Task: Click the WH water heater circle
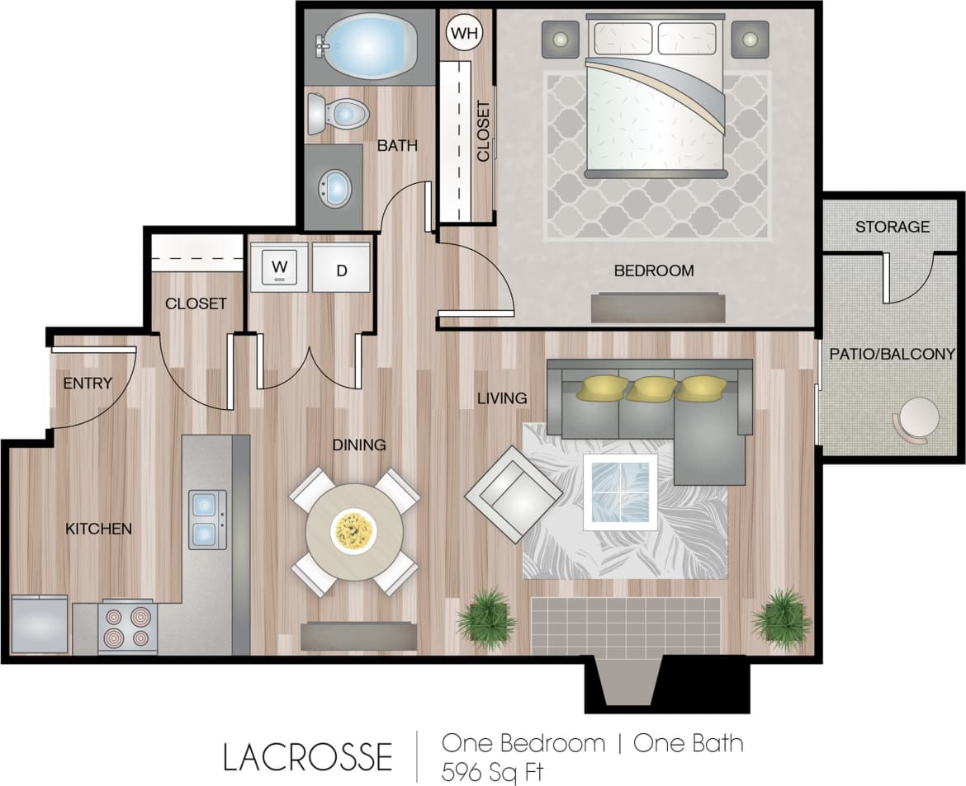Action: point(464,33)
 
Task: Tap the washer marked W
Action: point(280,267)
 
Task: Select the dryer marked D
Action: point(341,269)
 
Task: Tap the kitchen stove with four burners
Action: point(127,628)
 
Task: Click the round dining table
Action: point(354,531)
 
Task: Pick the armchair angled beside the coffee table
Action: point(513,493)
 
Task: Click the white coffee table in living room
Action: point(620,492)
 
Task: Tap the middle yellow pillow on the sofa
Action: point(651,388)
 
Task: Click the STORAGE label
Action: point(892,226)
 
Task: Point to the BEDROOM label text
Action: point(654,271)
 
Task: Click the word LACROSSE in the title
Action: point(307,756)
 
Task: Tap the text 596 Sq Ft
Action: point(494,772)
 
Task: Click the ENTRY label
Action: point(88,383)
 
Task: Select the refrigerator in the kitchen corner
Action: point(40,624)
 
